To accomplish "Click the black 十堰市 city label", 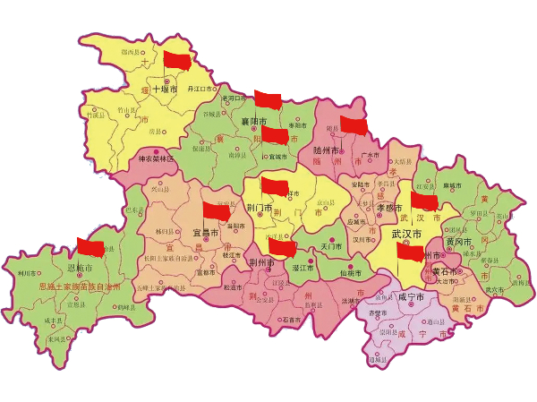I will (167, 90).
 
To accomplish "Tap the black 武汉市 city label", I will (407, 234).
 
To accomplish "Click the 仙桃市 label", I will (350, 272).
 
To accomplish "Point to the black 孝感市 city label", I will (365, 207).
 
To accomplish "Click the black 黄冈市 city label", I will (458, 242).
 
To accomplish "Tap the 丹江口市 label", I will (201, 90).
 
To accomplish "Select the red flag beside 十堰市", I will (178, 61).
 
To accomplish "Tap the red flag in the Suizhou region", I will (354, 126).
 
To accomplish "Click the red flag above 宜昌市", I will (217, 211).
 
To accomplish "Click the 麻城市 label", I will (454, 185).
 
